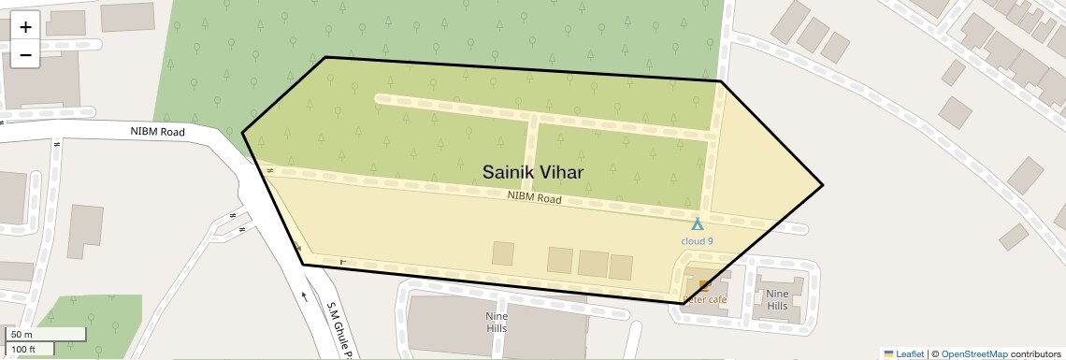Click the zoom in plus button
(x=25, y=27)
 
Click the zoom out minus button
(x=25, y=54)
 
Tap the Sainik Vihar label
(x=533, y=172)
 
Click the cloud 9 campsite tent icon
(x=697, y=224)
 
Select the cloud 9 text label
(x=697, y=241)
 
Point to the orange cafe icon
(x=704, y=285)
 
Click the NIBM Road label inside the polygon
(x=534, y=198)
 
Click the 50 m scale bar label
(x=22, y=335)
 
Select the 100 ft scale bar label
(x=23, y=350)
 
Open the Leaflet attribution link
(x=903, y=353)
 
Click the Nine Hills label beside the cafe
(x=777, y=300)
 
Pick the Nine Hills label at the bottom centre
(x=497, y=323)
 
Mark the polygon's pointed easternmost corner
(x=823, y=185)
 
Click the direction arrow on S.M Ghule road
(x=304, y=297)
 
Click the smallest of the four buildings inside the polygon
(x=503, y=253)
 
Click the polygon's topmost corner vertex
(x=325, y=58)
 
